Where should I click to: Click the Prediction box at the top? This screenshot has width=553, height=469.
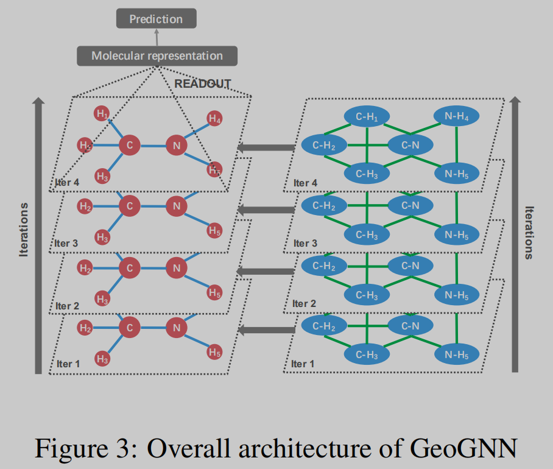tap(157, 19)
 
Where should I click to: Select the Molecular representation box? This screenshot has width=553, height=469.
tap(157, 56)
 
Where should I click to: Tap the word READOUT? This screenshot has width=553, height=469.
tap(203, 84)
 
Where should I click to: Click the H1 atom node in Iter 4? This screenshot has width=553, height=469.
tap(102, 113)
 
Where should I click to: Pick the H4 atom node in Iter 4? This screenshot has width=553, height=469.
tap(214, 119)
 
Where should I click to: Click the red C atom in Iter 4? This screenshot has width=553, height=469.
tap(129, 145)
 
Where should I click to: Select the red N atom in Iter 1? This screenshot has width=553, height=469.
tap(176, 328)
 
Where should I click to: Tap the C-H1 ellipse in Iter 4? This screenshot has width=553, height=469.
tap(367, 116)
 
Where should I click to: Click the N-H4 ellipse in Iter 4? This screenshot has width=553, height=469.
tap(456, 116)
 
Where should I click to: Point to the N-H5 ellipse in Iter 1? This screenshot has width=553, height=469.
tap(456, 354)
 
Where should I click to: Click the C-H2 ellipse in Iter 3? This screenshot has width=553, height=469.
tap(324, 206)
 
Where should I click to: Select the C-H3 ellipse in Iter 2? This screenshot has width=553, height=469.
tap(367, 295)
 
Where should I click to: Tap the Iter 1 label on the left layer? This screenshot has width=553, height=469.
tap(68, 364)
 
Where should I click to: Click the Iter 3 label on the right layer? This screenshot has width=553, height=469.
tap(305, 244)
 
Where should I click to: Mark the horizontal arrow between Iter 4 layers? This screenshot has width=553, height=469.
tap(266, 147)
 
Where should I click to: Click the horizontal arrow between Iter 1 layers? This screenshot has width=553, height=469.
tap(266, 330)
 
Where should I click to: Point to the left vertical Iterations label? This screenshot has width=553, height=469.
tap(24, 230)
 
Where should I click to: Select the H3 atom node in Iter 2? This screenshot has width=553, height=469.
tap(102, 298)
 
